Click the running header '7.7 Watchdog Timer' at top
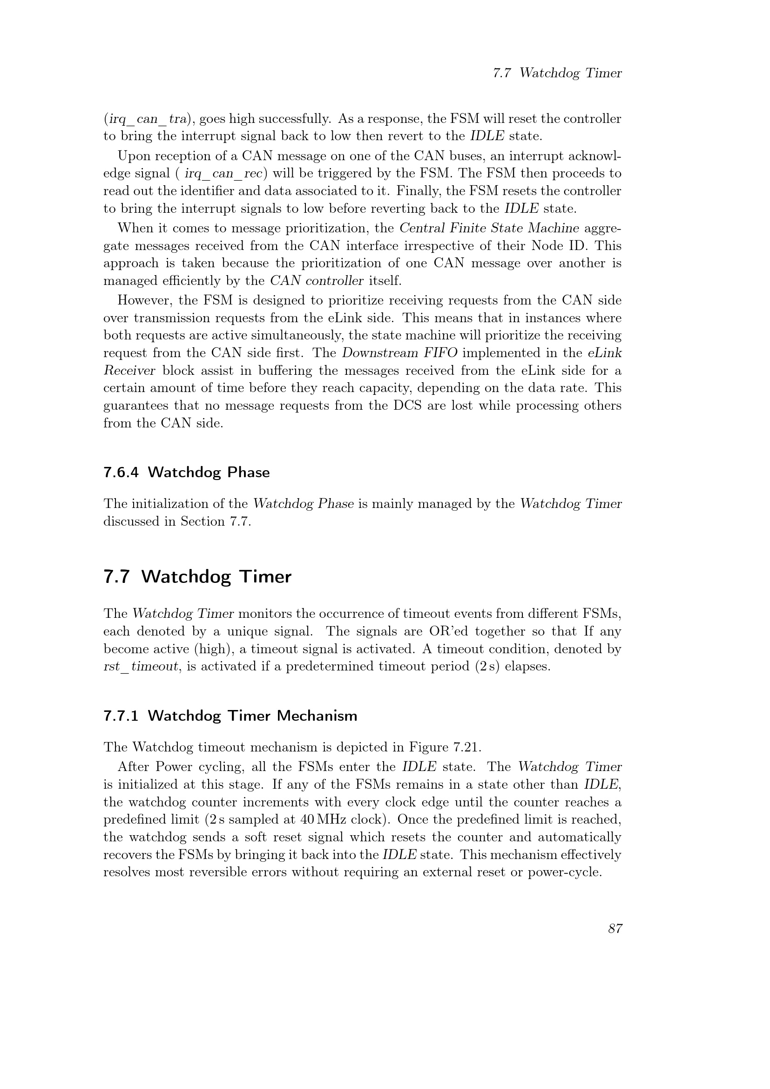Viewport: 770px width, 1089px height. tap(557, 73)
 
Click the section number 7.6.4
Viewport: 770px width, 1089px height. tap(121, 473)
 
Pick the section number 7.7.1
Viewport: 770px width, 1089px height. tap(121, 716)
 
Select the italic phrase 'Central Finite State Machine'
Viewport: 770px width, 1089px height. tap(489, 228)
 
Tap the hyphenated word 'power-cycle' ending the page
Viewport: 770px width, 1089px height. tap(564, 872)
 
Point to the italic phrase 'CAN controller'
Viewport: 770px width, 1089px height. tap(317, 281)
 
